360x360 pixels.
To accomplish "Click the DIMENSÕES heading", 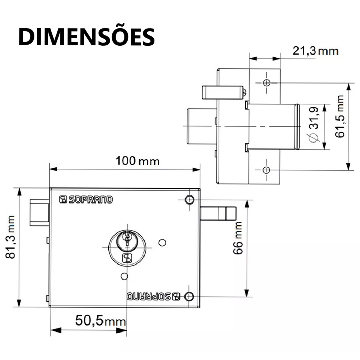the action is [86, 37].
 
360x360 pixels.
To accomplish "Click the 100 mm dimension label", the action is [137, 161].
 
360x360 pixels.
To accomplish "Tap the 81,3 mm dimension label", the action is [11, 237].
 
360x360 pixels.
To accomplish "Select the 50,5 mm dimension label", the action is [101, 321].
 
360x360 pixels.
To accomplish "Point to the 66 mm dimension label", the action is [238, 238].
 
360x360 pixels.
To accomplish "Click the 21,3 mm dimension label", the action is [315, 51].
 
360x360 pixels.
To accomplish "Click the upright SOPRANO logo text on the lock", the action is [86, 200].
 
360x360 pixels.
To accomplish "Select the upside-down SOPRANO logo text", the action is [154, 296].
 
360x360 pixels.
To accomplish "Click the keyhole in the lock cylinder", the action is [127, 240].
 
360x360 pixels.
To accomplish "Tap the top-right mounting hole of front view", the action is [189, 200].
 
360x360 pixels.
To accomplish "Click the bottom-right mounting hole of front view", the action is [189, 296].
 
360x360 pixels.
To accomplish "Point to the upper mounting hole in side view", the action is [267, 83].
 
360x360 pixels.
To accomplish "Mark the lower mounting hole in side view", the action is [266, 170].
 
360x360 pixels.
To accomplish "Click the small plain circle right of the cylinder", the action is [162, 243].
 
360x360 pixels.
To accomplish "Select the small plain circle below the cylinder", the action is [124, 276].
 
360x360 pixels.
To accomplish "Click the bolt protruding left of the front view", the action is [40, 213].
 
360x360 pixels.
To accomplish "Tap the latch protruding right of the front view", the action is [218, 213].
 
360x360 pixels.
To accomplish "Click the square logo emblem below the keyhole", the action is [127, 258].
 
